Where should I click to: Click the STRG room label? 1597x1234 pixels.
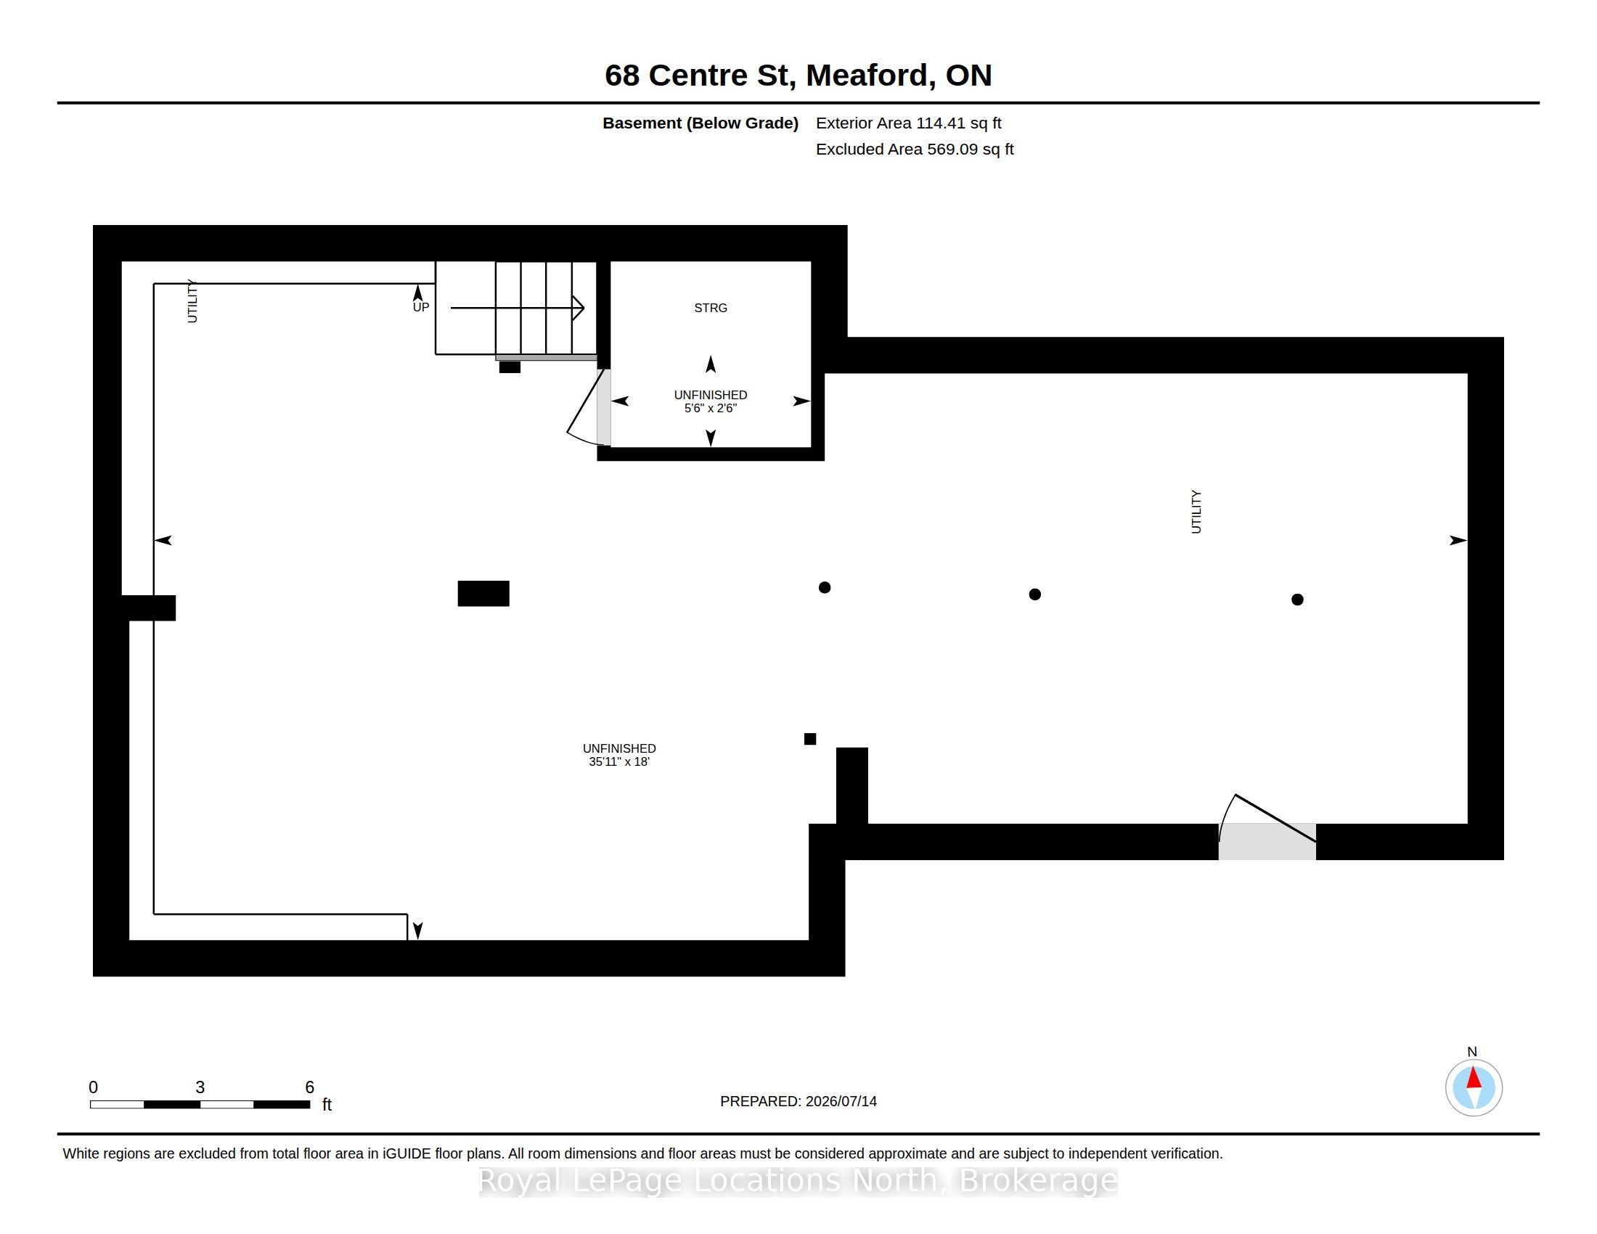(x=710, y=308)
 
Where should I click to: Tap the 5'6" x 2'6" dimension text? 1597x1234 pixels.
(x=710, y=408)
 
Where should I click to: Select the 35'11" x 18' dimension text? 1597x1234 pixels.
(x=618, y=761)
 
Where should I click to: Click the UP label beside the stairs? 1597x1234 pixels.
(x=420, y=307)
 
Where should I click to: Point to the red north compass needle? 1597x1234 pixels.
(x=1474, y=1078)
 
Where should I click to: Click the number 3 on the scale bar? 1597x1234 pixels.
(x=200, y=1087)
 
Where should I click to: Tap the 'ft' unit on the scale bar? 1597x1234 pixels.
(x=327, y=1105)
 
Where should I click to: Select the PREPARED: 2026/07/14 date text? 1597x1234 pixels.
(x=798, y=1101)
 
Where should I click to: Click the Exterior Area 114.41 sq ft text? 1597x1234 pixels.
(x=908, y=123)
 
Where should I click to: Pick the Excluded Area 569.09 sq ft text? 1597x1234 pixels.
(x=914, y=149)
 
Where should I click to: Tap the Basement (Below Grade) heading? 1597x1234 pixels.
(x=700, y=123)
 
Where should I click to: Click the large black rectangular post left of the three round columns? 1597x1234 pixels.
(x=483, y=594)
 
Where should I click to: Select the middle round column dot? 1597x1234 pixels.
(x=1034, y=594)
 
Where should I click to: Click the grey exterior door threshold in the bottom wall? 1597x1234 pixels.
(x=1267, y=841)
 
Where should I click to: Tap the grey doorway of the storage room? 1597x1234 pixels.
(x=604, y=407)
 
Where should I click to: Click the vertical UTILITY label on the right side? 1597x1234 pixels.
(x=1196, y=512)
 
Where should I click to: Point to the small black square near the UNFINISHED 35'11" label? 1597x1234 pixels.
(x=809, y=739)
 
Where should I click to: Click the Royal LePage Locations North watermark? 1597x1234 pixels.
(x=798, y=1180)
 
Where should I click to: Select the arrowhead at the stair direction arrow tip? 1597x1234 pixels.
(x=579, y=308)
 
